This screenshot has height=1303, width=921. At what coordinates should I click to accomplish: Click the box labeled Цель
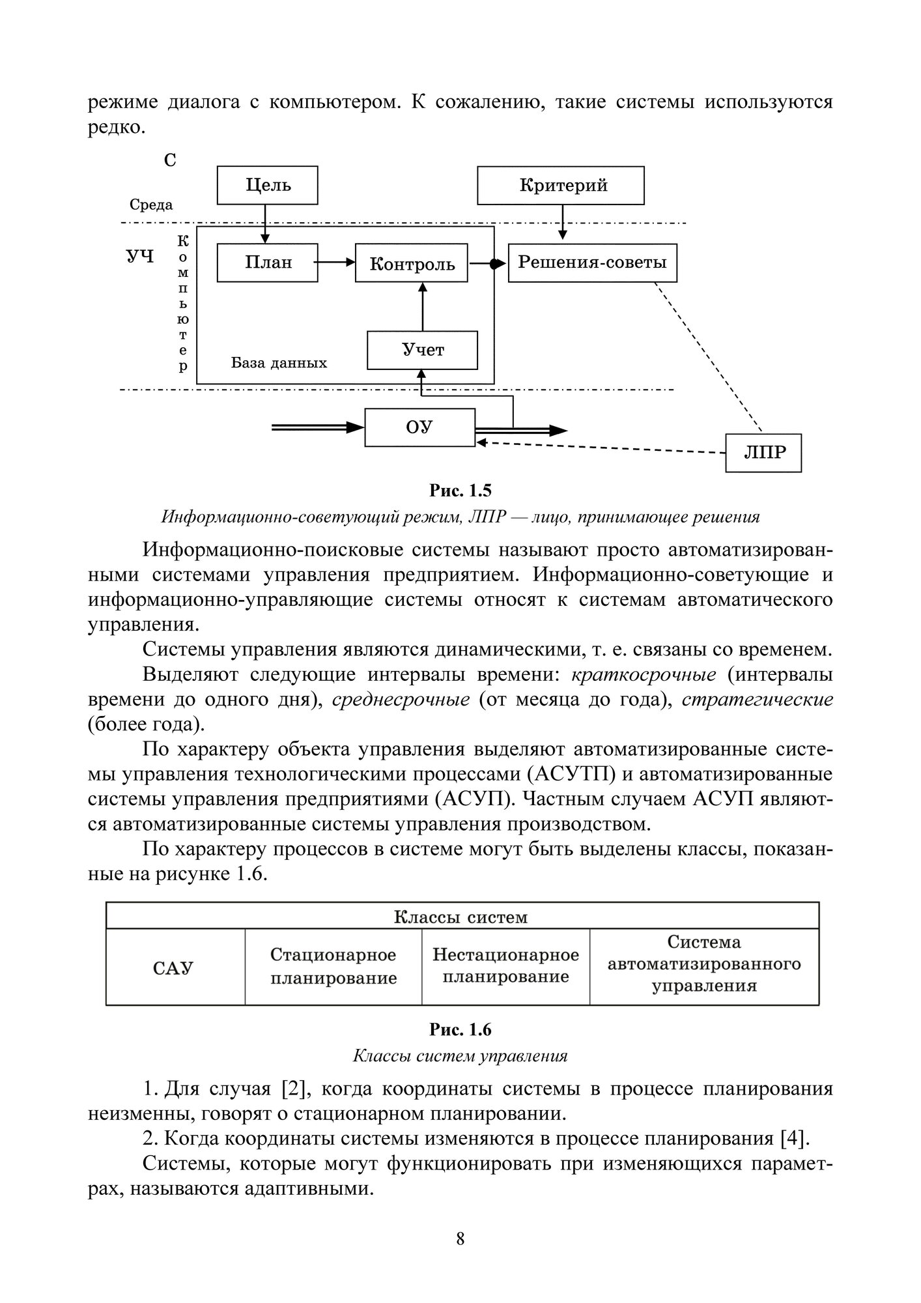(268, 186)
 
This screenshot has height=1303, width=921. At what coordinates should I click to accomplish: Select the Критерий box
(561, 186)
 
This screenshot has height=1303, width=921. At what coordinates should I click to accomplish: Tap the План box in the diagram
(268, 263)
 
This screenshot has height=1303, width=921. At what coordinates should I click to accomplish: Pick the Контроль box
(412, 263)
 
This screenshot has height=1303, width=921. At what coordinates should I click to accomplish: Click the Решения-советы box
(592, 263)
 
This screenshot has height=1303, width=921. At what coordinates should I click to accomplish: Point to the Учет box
(422, 351)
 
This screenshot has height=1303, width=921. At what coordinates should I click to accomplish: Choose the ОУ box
(419, 427)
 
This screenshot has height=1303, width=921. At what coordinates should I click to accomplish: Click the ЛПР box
(763, 452)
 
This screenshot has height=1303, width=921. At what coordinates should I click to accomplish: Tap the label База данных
(279, 363)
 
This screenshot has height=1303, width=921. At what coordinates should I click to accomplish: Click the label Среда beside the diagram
(151, 205)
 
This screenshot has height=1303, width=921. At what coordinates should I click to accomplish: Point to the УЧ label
(140, 256)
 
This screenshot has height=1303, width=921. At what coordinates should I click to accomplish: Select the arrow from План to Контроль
(336, 262)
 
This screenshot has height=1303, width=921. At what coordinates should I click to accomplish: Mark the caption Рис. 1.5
(460, 490)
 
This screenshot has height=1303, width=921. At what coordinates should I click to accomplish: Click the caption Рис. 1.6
(460, 1030)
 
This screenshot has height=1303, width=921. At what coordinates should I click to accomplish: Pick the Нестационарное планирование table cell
(505, 966)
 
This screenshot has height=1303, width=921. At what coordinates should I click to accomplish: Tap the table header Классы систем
(461, 917)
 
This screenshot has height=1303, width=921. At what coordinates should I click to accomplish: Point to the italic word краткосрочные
(644, 675)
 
